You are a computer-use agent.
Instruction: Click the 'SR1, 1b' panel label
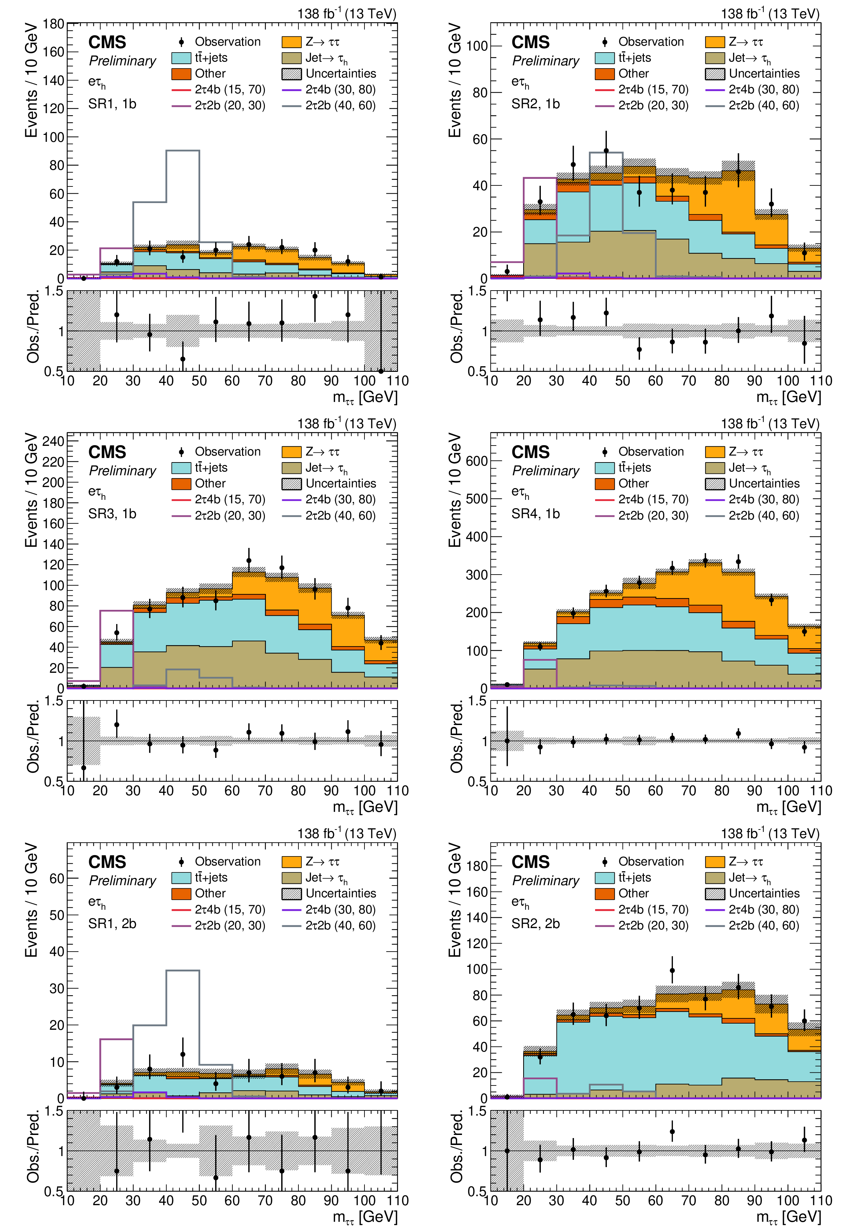pyautogui.click(x=112, y=104)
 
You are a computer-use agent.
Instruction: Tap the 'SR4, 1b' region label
pyautogui.click(x=535, y=514)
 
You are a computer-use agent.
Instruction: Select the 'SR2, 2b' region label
pyautogui.click(x=535, y=924)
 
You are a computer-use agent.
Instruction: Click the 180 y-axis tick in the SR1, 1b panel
pyautogui.click(x=53, y=24)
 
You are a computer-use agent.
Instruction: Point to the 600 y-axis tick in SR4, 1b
pyautogui.click(x=476, y=461)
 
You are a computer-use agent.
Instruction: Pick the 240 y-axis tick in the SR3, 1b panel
pyautogui.click(x=53, y=441)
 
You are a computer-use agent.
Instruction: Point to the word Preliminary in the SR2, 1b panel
pyautogui.click(x=546, y=61)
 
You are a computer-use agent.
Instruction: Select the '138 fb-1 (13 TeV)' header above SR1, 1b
pyautogui.click(x=346, y=14)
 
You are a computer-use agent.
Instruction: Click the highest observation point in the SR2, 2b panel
pyautogui.click(x=672, y=971)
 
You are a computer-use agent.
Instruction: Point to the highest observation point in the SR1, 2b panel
pyautogui.click(x=183, y=1055)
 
